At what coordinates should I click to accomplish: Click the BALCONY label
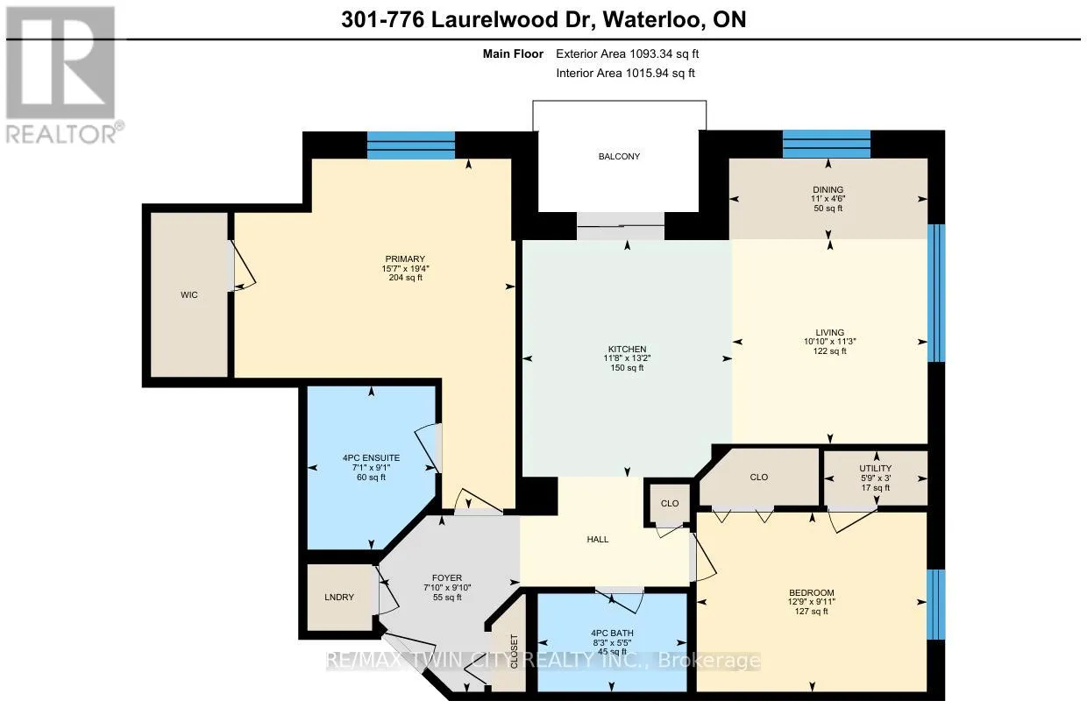point(619,156)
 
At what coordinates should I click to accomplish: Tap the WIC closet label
point(188,295)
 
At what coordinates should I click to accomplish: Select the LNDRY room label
point(339,597)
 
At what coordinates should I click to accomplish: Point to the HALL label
point(597,540)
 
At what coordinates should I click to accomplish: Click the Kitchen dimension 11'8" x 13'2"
point(627,358)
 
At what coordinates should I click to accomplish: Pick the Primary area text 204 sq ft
point(405,278)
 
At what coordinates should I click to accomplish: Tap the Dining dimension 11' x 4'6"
point(828,199)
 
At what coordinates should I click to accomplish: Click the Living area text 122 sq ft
point(830,350)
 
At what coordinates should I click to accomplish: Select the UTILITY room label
point(876,468)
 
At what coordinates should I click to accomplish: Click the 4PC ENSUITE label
point(371,458)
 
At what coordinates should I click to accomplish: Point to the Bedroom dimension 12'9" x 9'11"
point(812,602)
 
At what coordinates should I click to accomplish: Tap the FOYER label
point(447,578)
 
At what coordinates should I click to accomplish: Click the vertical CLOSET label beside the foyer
point(514,651)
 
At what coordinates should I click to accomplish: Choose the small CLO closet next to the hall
point(670,504)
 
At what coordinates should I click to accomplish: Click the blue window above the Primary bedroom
point(411,145)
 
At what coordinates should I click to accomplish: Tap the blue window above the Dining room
point(827,144)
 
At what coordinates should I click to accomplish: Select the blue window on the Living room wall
point(936,293)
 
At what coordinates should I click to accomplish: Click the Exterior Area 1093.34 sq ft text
point(627,53)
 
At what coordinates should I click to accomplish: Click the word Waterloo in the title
point(653,20)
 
